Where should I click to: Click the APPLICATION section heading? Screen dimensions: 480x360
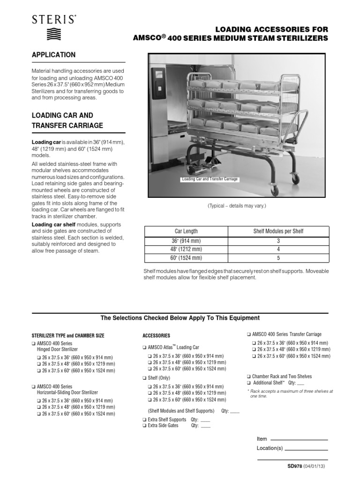53,55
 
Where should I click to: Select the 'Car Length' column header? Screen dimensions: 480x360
186,231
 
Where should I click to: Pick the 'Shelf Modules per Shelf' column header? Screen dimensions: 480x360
278,231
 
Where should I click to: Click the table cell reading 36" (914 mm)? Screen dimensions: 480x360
186,240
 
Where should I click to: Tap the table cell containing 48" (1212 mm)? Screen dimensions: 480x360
186,249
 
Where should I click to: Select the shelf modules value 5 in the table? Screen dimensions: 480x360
278,258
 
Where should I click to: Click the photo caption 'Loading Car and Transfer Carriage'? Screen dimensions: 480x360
210,179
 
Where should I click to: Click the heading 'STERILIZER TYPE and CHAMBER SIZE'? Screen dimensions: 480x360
68,336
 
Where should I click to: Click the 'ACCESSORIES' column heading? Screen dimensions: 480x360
156,336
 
